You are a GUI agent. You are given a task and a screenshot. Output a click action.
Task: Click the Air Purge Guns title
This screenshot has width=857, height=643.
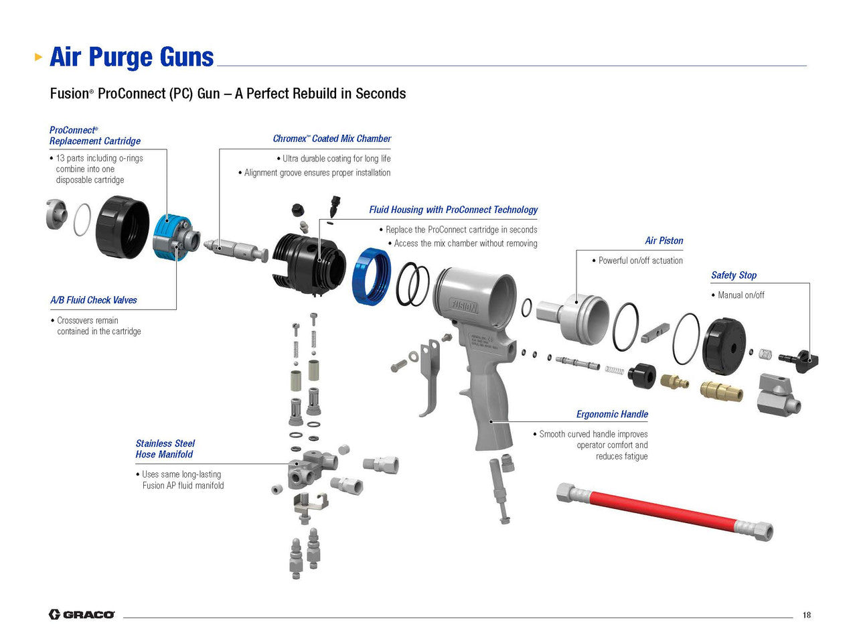131,57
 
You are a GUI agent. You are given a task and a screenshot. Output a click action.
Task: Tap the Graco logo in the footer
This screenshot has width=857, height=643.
82,614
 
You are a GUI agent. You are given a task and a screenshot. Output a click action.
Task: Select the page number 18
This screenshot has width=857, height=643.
806,615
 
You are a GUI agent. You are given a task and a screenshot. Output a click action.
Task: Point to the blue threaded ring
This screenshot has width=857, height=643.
371,274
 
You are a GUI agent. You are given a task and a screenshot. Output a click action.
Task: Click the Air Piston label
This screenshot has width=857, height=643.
664,240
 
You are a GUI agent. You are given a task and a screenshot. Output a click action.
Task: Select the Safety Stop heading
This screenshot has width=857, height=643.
733,275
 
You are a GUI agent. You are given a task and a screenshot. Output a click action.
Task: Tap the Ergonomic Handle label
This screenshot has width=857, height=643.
612,414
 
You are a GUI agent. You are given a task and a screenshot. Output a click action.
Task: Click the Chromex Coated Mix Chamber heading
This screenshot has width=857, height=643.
331,139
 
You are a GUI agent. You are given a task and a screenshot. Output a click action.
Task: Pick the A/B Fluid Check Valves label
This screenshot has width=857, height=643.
94,300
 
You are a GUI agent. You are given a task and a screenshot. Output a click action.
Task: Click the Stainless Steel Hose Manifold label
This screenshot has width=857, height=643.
165,449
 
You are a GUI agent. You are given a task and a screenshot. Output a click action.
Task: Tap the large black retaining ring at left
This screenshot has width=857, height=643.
122,227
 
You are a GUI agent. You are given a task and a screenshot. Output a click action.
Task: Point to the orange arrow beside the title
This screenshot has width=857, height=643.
39,57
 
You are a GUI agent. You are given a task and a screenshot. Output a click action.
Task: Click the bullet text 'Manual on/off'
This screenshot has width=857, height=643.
741,295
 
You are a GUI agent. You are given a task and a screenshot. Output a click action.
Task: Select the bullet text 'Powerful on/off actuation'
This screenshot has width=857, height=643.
640,261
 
